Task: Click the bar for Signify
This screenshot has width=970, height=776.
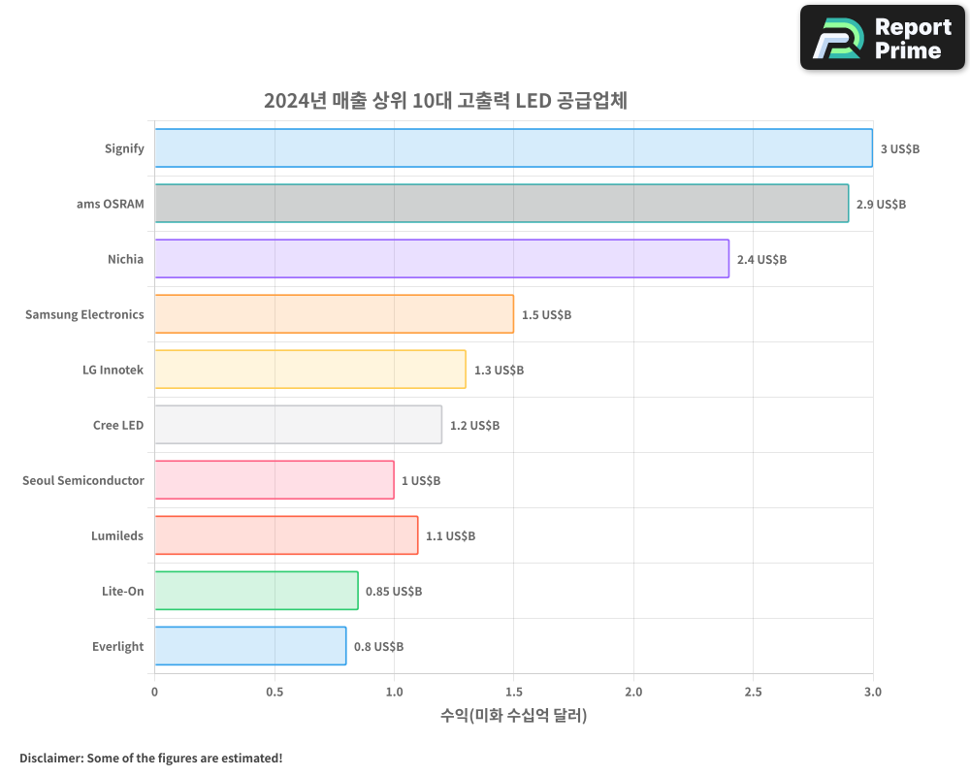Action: coord(513,148)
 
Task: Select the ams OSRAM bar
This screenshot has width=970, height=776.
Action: coord(501,204)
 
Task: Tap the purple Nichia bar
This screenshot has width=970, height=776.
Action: coord(441,259)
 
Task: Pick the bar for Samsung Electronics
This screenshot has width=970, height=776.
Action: coord(334,314)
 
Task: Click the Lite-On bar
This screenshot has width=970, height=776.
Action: coord(256,591)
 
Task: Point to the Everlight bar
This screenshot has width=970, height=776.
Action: coord(250,646)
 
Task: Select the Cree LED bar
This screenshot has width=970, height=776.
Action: coord(298,425)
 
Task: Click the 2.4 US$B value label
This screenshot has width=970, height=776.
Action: coord(761,260)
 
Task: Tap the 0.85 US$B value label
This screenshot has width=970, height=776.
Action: coord(393,592)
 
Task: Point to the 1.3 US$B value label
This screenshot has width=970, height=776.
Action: coord(499,371)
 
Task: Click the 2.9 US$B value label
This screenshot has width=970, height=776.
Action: coord(881,205)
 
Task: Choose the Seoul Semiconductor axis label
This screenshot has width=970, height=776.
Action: coord(83,480)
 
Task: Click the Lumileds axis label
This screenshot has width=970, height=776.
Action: coord(117,535)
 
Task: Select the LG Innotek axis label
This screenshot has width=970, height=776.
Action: coord(113,370)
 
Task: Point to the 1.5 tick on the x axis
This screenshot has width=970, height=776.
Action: coord(514,692)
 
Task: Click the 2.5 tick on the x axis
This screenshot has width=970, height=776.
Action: coord(754,692)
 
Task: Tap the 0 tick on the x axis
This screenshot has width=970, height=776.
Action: coord(155,692)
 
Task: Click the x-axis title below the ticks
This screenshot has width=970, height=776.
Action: coord(513,716)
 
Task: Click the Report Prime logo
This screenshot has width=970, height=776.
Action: coord(883,38)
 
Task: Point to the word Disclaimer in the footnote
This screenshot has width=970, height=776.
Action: coord(49,758)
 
